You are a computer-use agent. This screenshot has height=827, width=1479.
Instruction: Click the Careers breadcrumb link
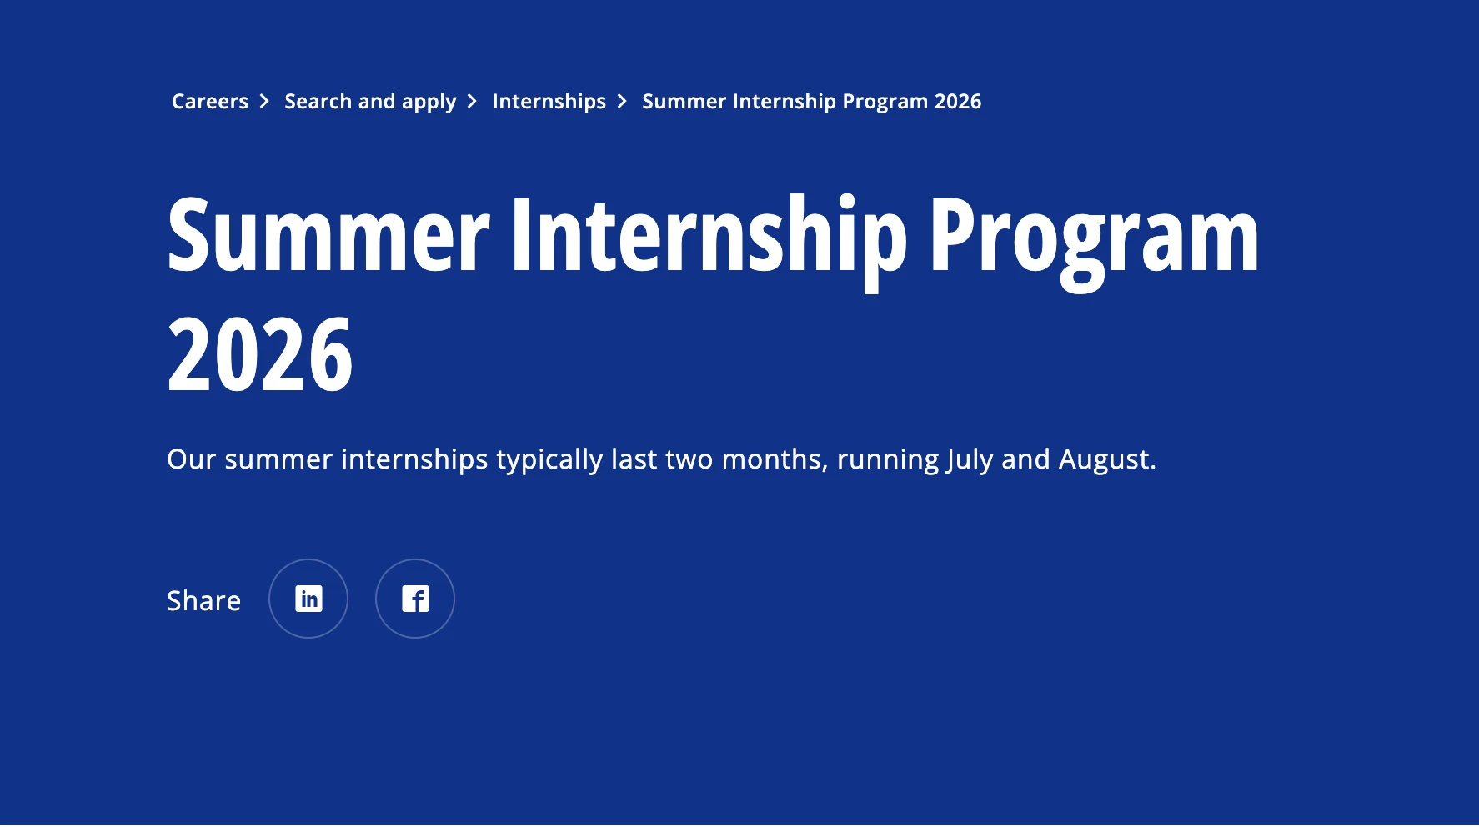[209, 102]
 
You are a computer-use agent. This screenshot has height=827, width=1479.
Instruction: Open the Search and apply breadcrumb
[370, 102]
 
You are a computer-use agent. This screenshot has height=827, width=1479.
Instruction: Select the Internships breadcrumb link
[549, 102]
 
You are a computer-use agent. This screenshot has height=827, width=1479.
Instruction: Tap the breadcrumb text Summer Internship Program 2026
[811, 102]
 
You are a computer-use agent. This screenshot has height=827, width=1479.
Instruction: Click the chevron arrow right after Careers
[264, 102]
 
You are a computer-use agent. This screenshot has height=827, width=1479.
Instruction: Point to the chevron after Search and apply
[472, 102]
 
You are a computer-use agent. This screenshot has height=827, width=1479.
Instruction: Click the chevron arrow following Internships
[622, 102]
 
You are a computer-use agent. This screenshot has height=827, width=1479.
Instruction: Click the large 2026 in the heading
[260, 355]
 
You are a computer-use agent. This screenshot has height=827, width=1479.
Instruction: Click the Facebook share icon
[415, 599]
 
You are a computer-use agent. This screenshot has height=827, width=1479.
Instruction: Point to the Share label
[203, 600]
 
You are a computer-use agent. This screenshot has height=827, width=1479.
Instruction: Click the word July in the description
[970, 459]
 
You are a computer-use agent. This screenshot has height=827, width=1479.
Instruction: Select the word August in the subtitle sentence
[1106, 459]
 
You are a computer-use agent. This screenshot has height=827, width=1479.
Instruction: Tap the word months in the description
[774, 459]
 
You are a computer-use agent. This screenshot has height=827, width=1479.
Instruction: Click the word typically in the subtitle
[549, 459]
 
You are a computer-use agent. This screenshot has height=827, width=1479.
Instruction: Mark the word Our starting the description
[191, 459]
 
